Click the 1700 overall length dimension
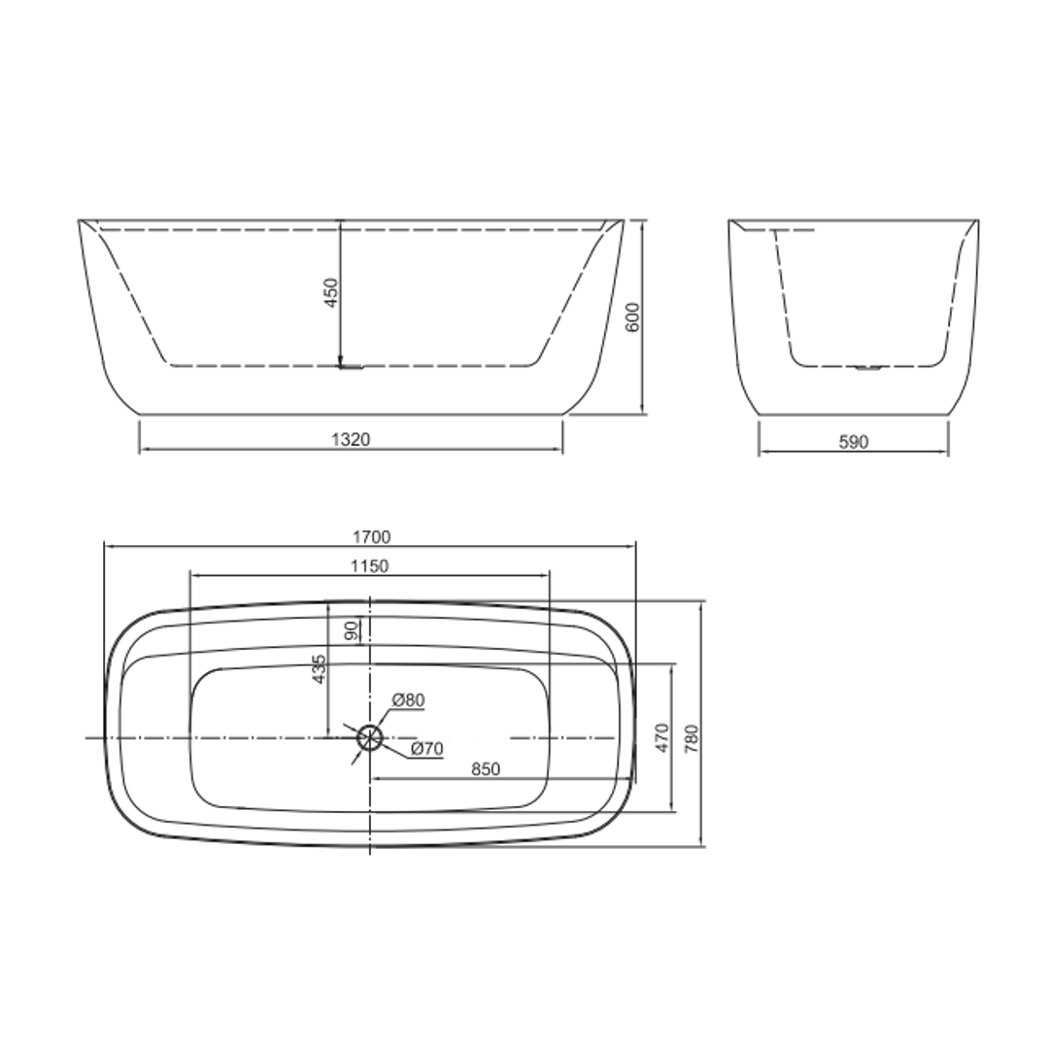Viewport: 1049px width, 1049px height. tap(370, 536)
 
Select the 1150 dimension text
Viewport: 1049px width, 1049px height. tap(369, 566)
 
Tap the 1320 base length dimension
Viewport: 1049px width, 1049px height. tap(351, 440)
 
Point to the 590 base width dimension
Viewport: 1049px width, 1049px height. tap(853, 442)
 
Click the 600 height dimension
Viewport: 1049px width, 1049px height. tap(632, 318)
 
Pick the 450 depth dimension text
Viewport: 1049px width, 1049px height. tap(330, 292)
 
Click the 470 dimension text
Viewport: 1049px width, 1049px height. tap(661, 738)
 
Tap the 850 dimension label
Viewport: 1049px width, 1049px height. tap(486, 769)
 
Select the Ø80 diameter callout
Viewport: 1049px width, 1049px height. tap(408, 699)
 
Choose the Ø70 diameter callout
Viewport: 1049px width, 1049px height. tap(426, 748)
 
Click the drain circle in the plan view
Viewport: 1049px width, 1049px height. tap(369, 737)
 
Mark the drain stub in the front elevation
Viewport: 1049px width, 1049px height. tap(351, 367)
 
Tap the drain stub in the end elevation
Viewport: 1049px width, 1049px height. tap(866, 368)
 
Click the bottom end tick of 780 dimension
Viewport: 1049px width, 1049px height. tap(701, 846)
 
